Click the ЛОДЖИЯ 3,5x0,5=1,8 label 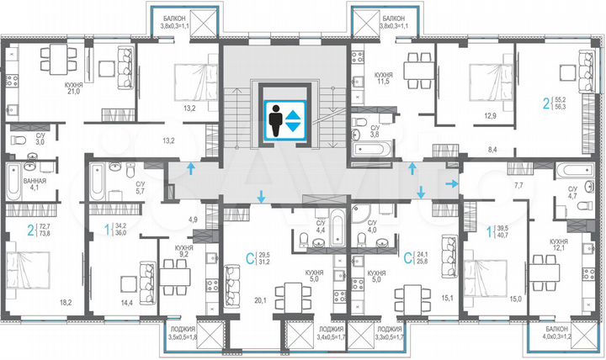coord(179,333)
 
